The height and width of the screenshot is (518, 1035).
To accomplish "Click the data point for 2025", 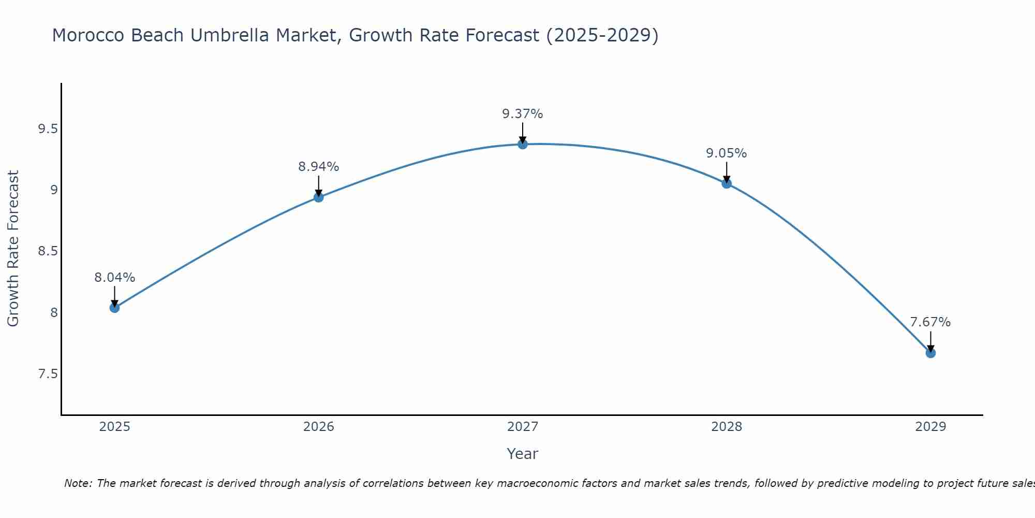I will (114, 308).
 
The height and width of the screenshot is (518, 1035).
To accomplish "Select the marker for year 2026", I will (319, 197).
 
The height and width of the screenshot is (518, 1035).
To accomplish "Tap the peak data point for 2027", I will (523, 144).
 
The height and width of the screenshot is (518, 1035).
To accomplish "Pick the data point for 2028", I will (727, 183).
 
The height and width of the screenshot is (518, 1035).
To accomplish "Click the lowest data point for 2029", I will (930, 353).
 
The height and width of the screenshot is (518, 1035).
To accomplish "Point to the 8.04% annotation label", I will (114, 278).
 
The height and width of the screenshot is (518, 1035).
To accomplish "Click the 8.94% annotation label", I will (319, 167).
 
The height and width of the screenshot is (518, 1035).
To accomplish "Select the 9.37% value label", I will (523, 114).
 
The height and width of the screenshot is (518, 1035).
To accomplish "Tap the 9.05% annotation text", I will (727, 153).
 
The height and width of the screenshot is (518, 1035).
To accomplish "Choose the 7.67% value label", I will (930, 322).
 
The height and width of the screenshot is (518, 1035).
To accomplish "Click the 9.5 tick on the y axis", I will (48, 129).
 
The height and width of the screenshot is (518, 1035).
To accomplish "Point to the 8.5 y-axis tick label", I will (48, 251).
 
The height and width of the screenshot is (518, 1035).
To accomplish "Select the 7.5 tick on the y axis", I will (48, 374).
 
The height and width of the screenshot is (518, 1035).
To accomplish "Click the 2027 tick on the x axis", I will (523, 427).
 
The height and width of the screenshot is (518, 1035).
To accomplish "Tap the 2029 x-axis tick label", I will (930, 427).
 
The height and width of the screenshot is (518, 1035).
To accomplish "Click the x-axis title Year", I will (523, 454).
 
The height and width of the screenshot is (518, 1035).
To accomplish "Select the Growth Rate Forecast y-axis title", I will (13, 249).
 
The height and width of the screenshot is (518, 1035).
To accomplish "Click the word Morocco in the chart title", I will (88, 35).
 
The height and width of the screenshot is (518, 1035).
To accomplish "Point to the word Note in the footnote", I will (78, 483).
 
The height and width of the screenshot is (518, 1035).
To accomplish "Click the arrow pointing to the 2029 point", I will (930, 342).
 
